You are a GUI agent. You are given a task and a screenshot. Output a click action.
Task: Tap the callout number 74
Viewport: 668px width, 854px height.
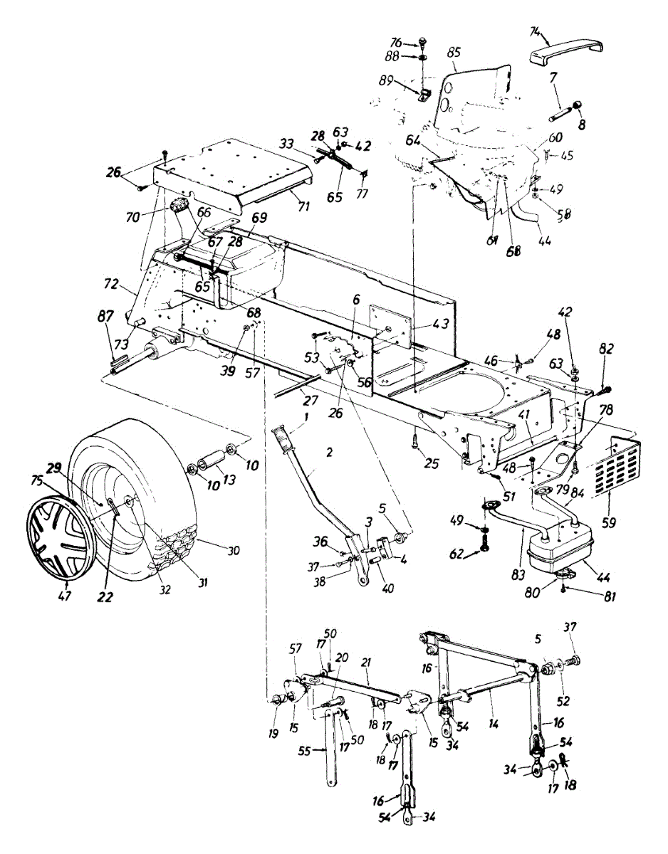(536, 31)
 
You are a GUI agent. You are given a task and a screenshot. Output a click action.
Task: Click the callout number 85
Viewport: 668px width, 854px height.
(454, 51)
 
